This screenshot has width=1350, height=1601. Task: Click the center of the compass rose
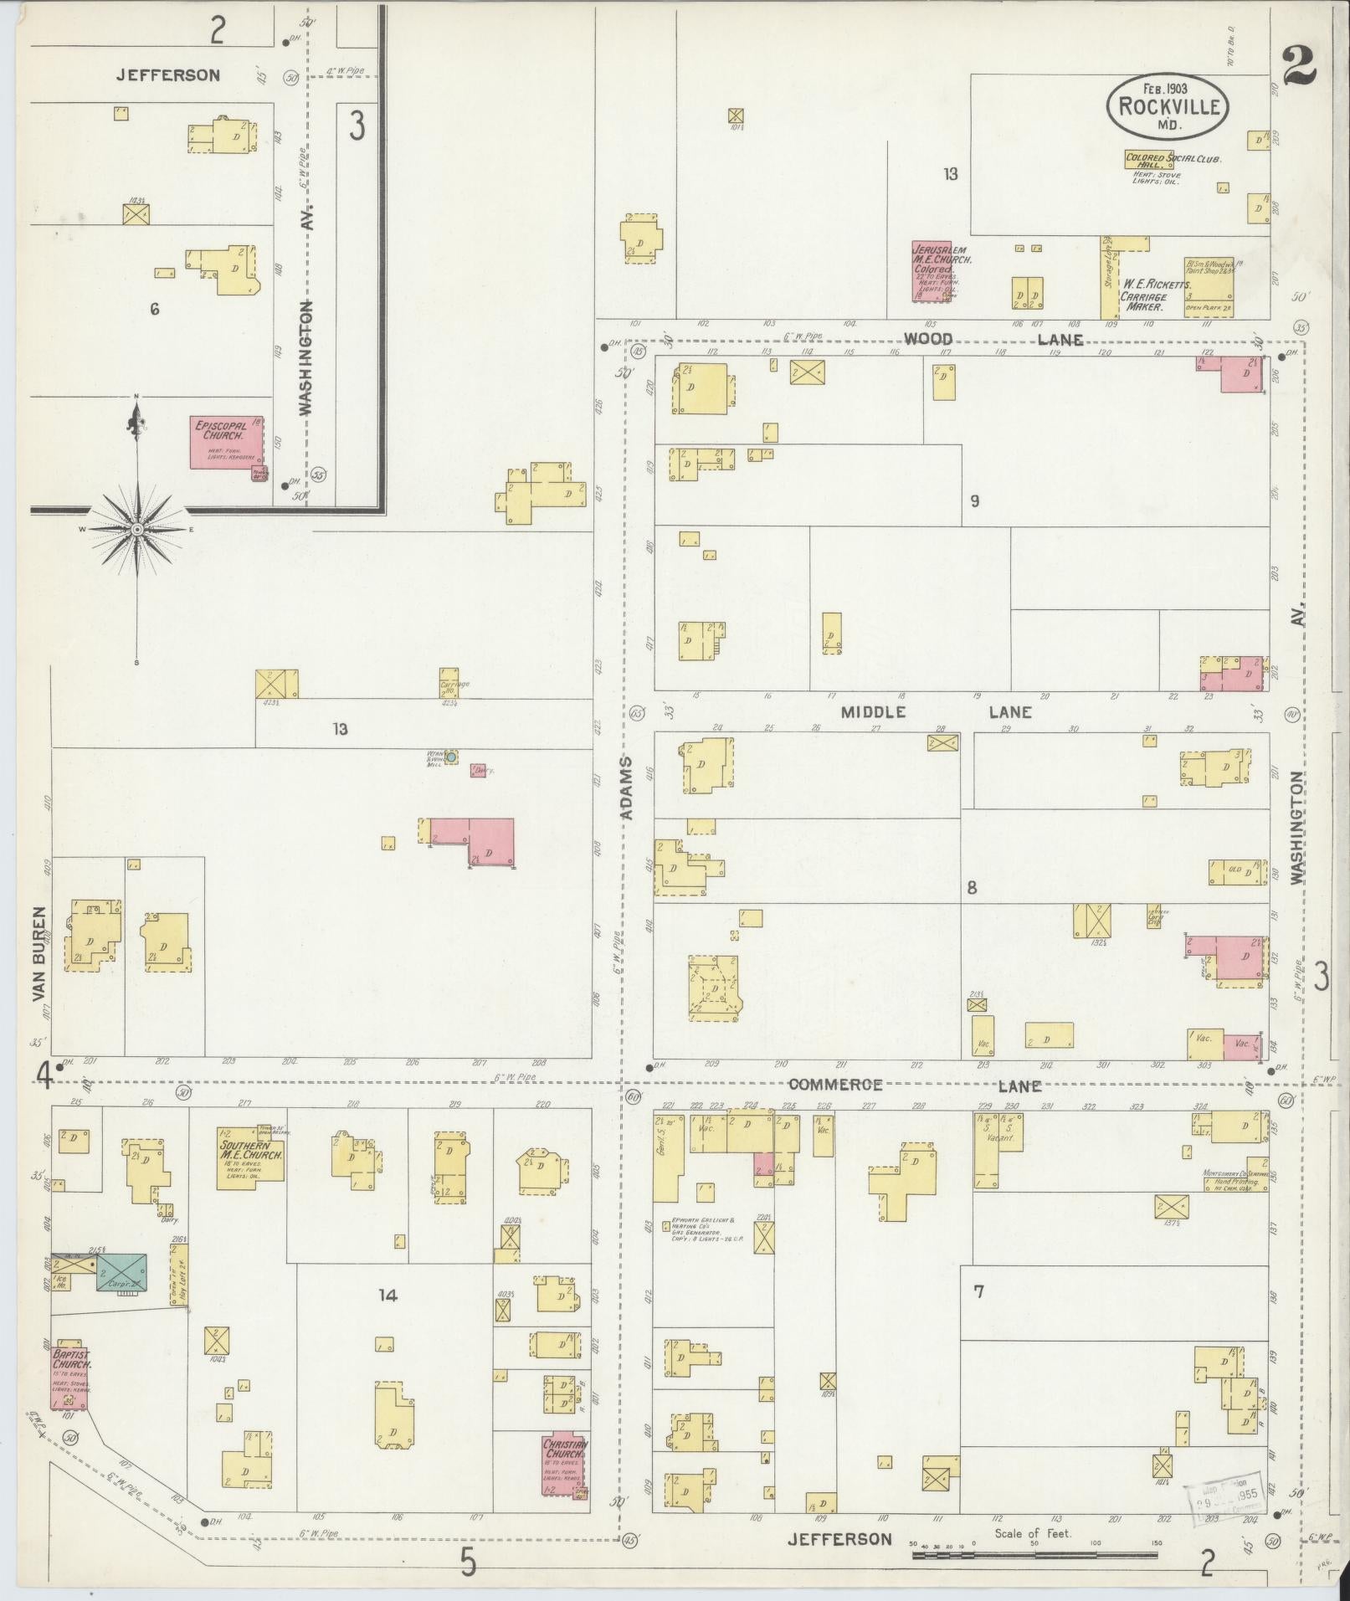136,529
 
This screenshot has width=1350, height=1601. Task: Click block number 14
387,1296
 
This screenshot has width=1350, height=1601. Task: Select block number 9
974,501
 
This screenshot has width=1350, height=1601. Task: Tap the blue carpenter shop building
122,1272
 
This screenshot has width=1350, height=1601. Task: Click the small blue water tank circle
451,757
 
